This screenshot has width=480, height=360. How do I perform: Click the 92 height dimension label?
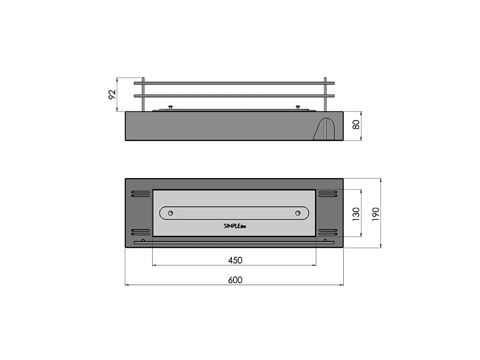click(112, 95)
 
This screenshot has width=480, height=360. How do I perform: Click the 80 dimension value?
click(356, 125)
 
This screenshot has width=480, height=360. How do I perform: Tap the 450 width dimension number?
click(235, 260)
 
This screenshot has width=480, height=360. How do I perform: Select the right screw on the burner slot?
click(298, 213)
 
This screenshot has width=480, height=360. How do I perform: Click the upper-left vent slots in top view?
click(140, 194)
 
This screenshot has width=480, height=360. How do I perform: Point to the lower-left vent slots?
click(140, 231)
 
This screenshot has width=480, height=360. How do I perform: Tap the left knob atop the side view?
click(169, 108)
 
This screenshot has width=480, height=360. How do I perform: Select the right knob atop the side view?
click(298, 108)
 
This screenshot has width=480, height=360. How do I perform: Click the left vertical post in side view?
click(143, 94)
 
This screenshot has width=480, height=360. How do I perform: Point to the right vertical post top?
click(325, 79)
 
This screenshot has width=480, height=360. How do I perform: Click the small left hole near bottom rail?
click(144, 240)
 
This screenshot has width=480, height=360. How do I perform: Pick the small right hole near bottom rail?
click(325, 240)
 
